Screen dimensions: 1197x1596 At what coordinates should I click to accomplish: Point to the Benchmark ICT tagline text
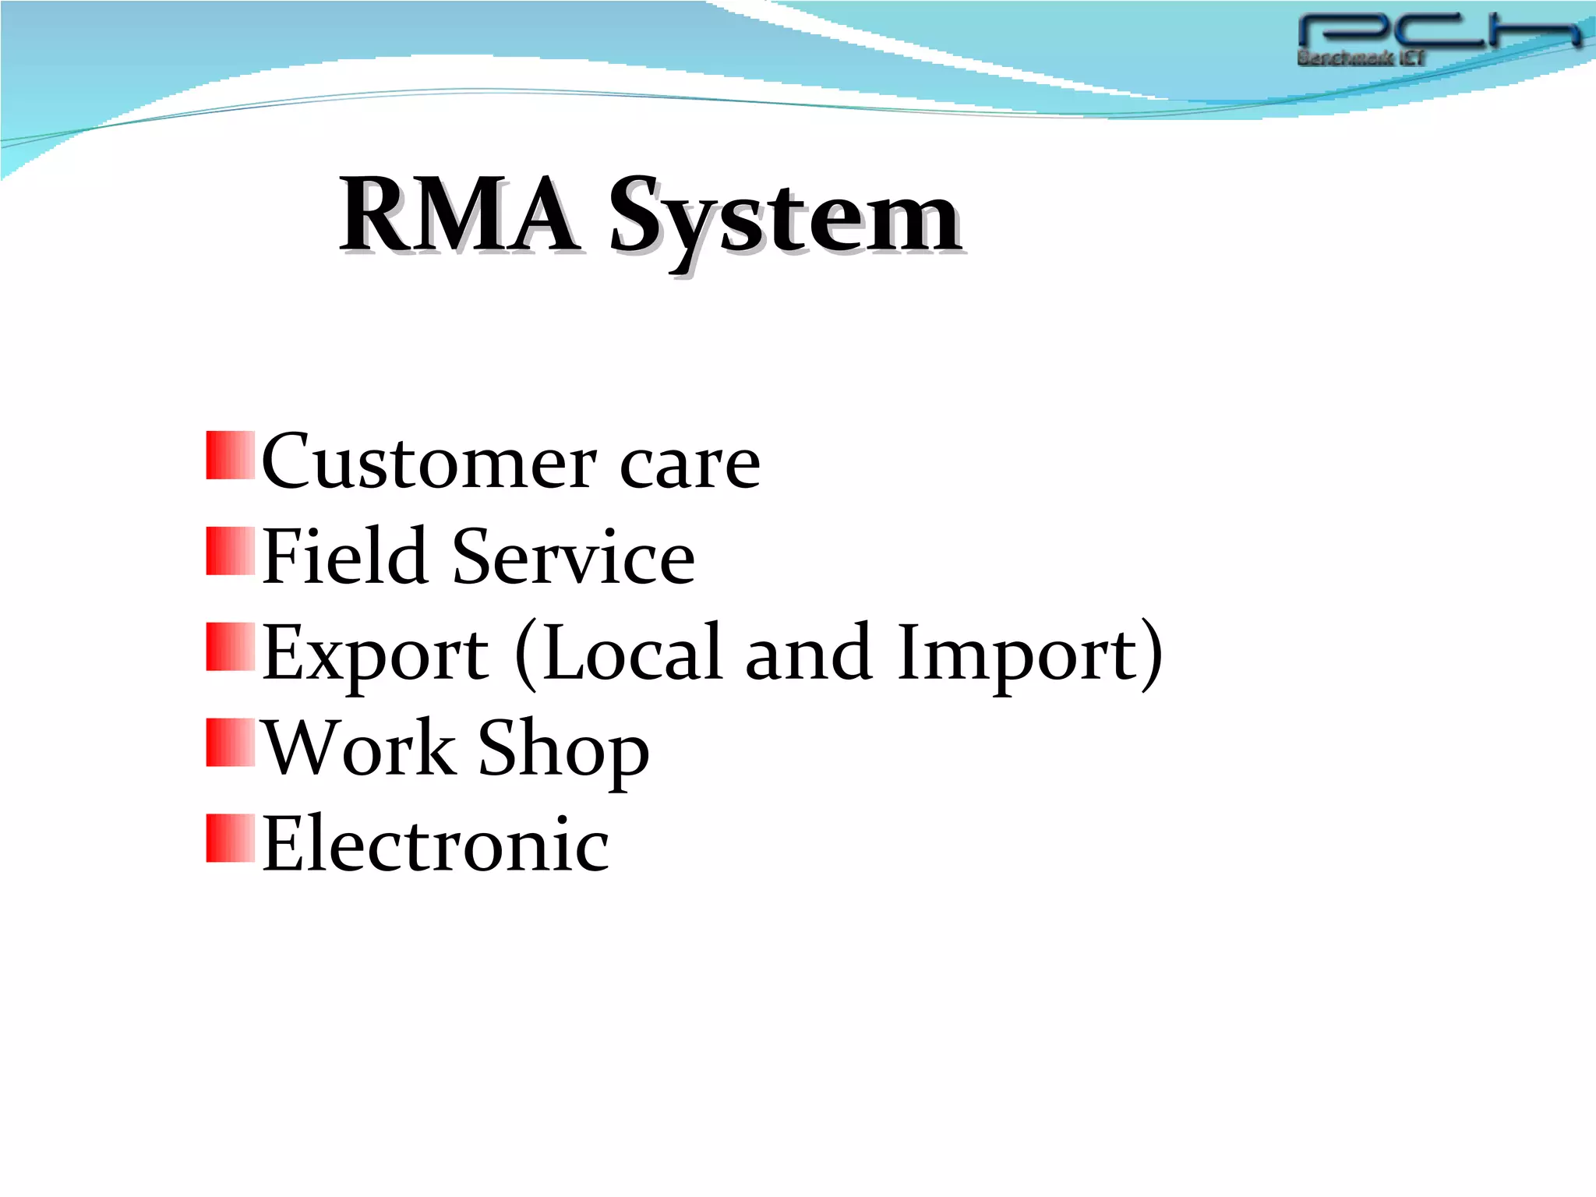(x=1360, y=58)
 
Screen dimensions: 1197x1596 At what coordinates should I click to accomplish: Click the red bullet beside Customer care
(x=230, y=455)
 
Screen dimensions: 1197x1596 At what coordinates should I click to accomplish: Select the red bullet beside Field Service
(x=230, y=551)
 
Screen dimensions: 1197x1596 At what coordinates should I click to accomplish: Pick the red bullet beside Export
(x=230, y=647)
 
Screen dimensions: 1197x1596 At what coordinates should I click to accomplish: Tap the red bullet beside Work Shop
(x=230, y=743)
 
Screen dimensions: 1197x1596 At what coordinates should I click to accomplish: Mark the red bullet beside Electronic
(x=230, y=839)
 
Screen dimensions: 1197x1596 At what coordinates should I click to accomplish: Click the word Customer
(x=429, y=462)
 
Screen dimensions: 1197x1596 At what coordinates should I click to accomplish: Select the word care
(x=690, y=465)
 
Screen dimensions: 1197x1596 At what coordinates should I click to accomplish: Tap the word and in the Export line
(x=807, y=653)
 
